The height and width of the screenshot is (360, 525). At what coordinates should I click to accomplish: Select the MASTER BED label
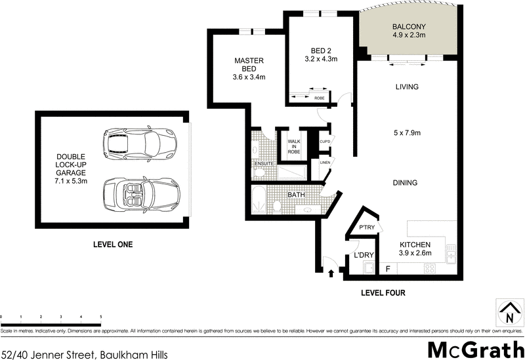(x=249, y=64)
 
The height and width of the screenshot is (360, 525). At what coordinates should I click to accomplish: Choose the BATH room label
(x=296, y=195)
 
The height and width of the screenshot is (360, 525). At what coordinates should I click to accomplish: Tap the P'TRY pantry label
(x=366, y=228)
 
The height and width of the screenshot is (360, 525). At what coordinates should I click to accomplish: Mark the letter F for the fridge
(x=388, y=268)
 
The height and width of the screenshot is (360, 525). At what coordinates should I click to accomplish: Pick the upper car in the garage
(x=139, y=141)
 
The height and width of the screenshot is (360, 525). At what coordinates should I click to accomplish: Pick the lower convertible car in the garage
(x=139, y=194)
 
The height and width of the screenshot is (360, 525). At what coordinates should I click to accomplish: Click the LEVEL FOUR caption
(x=383, y=293)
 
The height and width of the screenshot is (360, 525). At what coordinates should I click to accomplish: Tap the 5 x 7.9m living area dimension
(x=407, y=133)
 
